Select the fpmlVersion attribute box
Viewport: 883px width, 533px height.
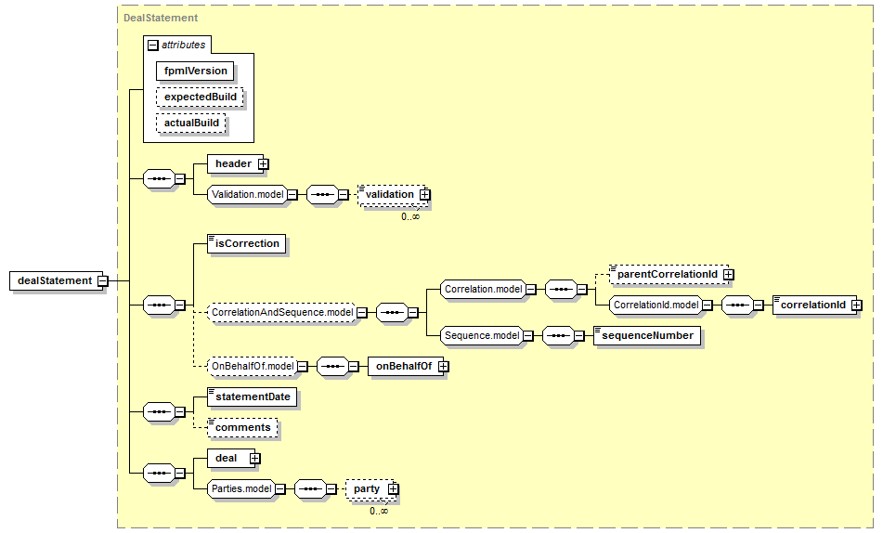pyautogui.click(x=195, y=71)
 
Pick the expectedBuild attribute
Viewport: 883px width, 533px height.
pyautogui.click(x=200, y=97)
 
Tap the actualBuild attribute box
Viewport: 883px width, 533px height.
pyautogui.click(x=191, y=123)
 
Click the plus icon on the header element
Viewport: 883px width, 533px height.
pyautogui.click(x=263, y=164)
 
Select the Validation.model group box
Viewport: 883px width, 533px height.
pyautogui.click(x=247, y=194)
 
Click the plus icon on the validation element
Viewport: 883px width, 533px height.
pyautogui.click(x=424, y=194)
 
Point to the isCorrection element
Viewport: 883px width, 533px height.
pyautogui.click(x=247, y=244)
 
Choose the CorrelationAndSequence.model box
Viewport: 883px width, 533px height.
pyautogui.click(x=281, y=312)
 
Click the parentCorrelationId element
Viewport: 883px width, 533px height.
pyautogui.click(x=669, y=274)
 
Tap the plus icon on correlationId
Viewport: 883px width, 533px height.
pyautogui.click(x=856, y=305)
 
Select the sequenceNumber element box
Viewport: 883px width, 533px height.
pyautogui.click(x=647, y=336)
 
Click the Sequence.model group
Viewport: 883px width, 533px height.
pyautogui.click(x=482, y=336)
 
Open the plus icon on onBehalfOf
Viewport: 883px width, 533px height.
pyautogui.click(x=443, y=366)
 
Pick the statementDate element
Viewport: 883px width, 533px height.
pyautogui.click(x=253, y=396)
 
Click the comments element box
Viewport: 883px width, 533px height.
pyautogui.click(x=242, y=428)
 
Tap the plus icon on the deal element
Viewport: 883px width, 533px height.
pyautogui.click(x=254, y=459)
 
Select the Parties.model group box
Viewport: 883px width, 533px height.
pyautogui.click(x=241, y=489)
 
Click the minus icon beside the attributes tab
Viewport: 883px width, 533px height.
pyautogui.click(x=152, y=45)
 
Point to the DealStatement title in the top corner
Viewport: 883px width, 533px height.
pyautogui.click(x=161, y=18)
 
